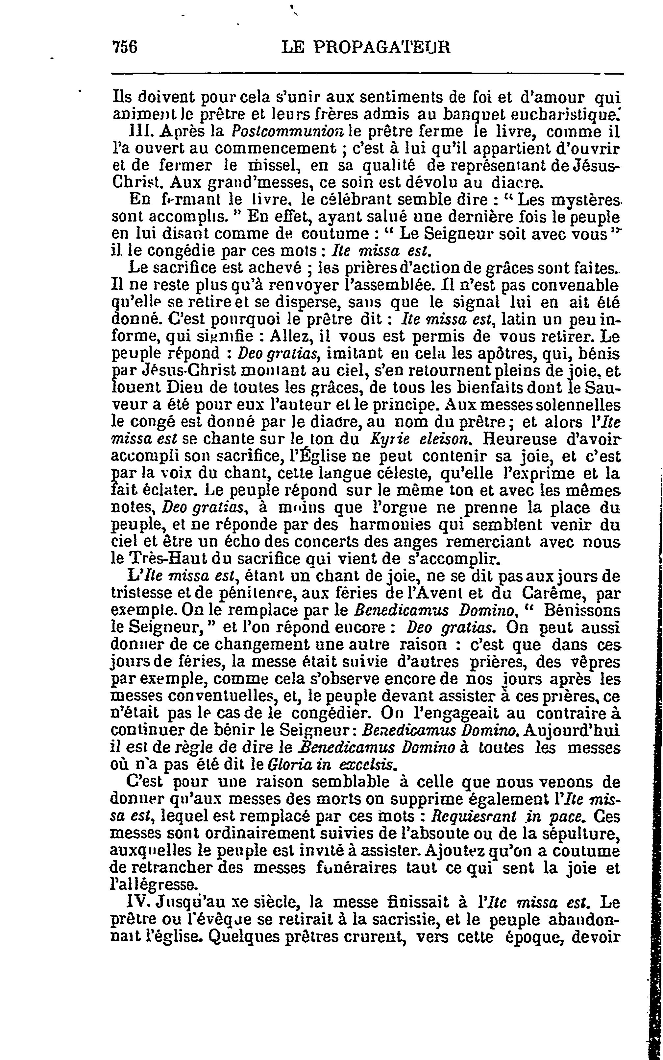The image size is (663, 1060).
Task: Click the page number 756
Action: click(x=125, y=47)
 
